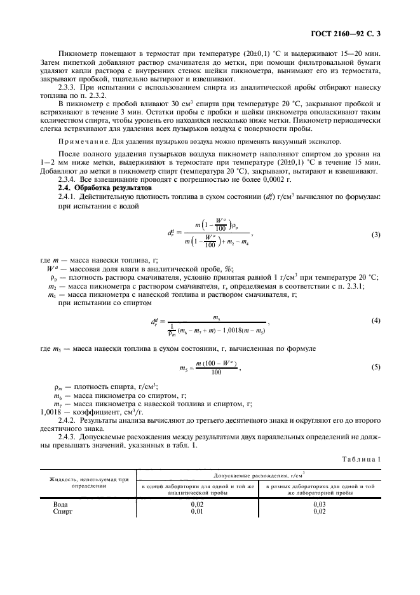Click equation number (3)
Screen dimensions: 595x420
pos(376,235)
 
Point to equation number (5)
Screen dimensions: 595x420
pos(376,367)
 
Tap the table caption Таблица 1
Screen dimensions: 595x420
pos(361,459)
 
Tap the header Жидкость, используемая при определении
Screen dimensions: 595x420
pos(89,482)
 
